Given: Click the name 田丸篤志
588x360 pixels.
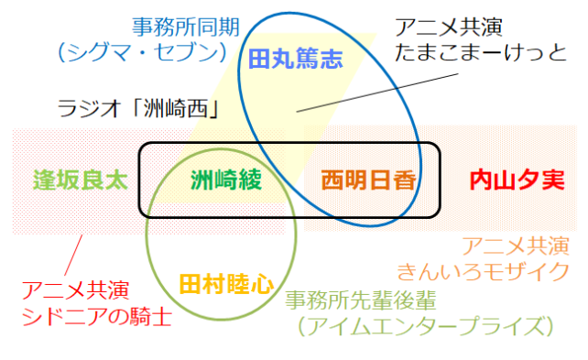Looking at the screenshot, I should coord(295,60).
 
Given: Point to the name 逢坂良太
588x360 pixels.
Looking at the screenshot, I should coord(80,179).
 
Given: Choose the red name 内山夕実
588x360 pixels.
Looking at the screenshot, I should coord(517,179).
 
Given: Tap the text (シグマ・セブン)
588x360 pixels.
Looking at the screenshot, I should coord(140,52).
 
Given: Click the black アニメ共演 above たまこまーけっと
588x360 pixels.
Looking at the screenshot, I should coord(448,26).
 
